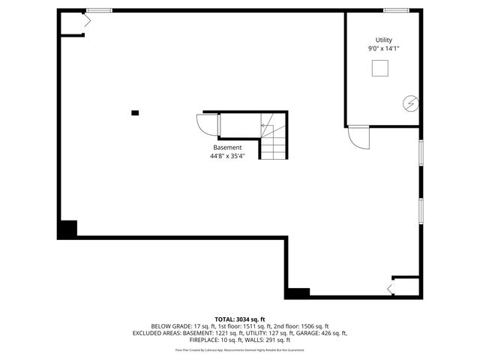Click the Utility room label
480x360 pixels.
383,40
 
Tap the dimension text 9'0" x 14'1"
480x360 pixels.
383,49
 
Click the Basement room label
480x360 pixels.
228,148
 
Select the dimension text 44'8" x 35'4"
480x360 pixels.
228,157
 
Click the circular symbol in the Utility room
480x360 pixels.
410,103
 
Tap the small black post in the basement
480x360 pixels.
135,112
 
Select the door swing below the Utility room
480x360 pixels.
358,136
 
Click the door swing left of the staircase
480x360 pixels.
206,124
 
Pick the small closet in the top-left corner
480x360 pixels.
73,24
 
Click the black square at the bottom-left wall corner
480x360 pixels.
67,229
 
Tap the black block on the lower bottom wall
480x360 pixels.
298,292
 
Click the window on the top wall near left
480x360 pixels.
98,10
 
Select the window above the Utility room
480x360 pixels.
395,10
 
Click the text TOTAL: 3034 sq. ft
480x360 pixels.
240,319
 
